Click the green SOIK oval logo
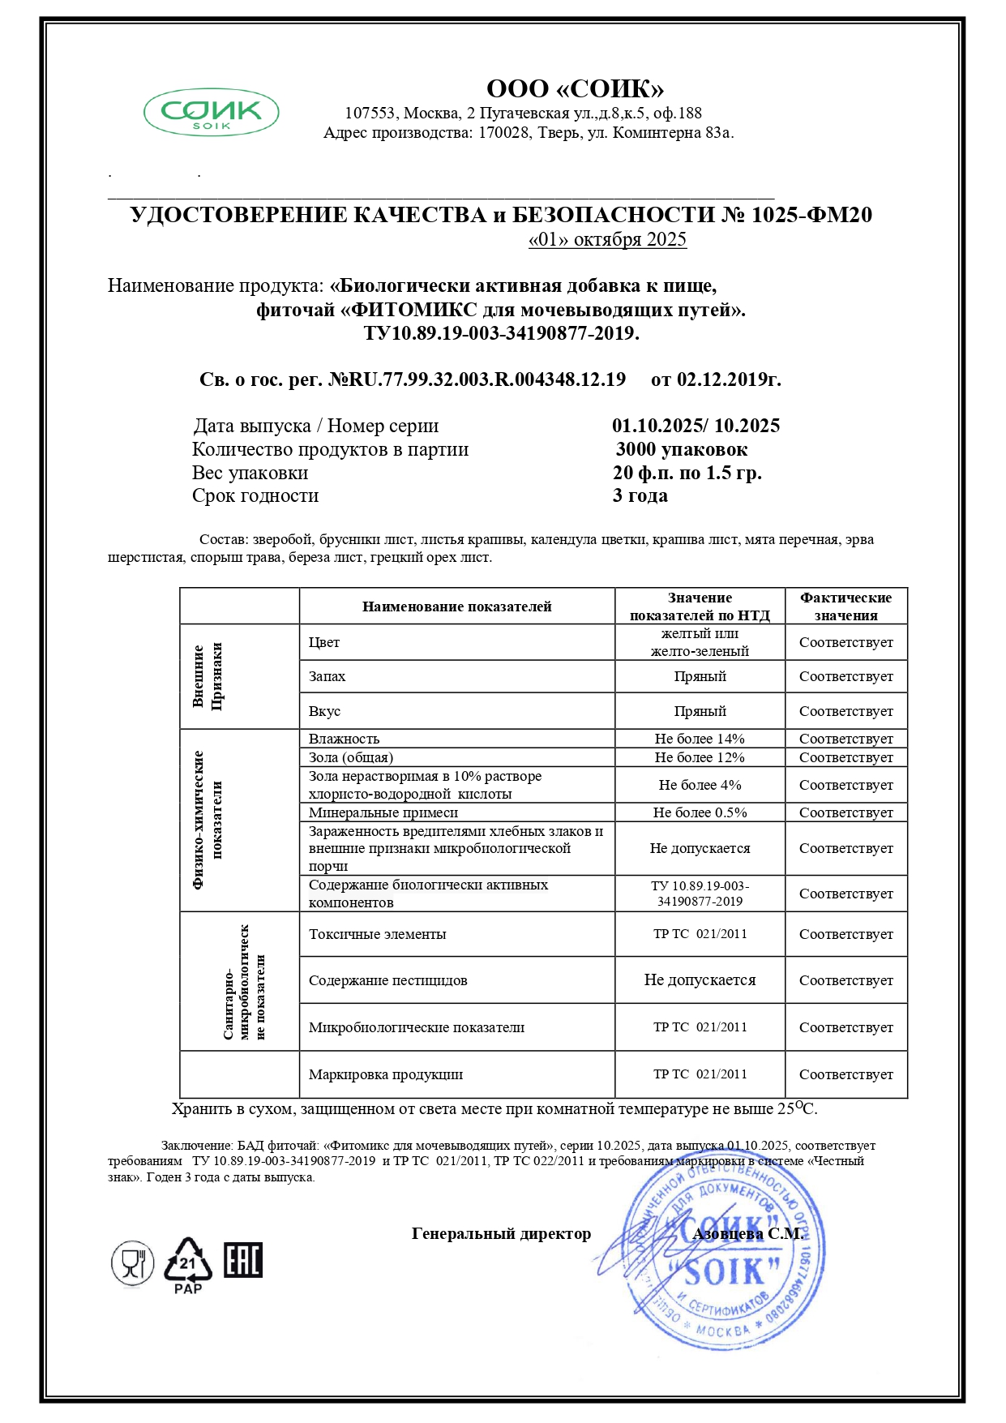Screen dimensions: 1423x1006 [x=212, y=113]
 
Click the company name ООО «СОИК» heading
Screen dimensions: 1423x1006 [x=575, y=88]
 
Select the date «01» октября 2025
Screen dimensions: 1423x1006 [x=607, y=240]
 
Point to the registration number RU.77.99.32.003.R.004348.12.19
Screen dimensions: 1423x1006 [x=477, y=379]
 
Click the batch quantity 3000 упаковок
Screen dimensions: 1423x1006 [x=681, y=449]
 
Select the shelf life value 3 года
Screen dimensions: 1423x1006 [x=640, y=495]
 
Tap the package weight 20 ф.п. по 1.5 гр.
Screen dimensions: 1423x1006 [x=687, y=473]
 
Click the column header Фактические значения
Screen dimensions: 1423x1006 [x=845, y=606]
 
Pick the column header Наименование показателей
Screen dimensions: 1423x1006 [x=456, y=606]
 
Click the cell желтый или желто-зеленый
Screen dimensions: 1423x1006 [x=700, y=642]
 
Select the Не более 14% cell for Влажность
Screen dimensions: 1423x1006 [x=700, y=739]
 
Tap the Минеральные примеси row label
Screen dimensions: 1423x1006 [x=383, y=812]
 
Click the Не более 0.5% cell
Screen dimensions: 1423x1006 [x=700, y=812]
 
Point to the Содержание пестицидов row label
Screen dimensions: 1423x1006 [x=387, y=980]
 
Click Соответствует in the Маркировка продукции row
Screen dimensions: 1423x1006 [x=845, y=1074]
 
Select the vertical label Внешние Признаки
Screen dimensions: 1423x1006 [x=207, y=676]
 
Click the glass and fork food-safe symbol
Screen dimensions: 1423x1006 [x=132, y=1263]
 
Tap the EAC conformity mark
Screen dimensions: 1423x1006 [x=243, y=1260]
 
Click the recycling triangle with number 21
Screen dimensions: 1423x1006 [x=188, y=1262]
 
